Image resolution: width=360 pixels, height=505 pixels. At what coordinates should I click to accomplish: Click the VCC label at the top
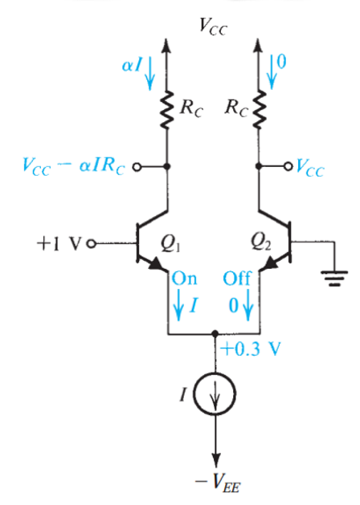pyautogui.click(x=214, y=26)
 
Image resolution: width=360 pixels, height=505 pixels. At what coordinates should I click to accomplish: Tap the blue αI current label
pyautogui.click(x=132, y=65)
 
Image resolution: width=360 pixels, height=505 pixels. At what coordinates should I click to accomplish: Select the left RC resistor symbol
pyautogui.click(x=167, y=110)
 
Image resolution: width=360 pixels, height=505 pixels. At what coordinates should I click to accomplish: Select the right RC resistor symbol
pyautogui.click(x=259, y=110)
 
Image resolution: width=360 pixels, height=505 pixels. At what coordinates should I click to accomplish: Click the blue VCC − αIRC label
pyautogui.click(x=74, y=166)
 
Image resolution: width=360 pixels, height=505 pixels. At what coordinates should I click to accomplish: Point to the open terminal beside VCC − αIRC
pyautogui.click(x=137, y=167)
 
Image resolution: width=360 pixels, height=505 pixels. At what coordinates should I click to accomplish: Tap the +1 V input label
pyautogui.click(x=58, y=244)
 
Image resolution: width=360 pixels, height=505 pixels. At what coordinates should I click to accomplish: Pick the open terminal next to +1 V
pyautogui.click(x=92, y=244)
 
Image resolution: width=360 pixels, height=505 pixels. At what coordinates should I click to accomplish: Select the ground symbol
pyautogui.click(x=335, y=279)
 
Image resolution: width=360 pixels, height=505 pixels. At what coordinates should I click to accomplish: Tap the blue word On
pyautogui.click(x=184, y=279)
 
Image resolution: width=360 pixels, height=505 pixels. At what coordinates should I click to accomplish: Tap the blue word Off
pyautogui.click(x=237, y=279)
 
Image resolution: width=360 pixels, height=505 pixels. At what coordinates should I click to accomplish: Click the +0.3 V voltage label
pyautogui.click(x=251, y=349)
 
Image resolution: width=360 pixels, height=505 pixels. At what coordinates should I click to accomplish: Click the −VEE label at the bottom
pyautogui.click(x=218, y=483)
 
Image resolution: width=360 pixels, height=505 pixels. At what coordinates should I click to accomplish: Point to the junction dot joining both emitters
pyautogui.click(x=215, y=334)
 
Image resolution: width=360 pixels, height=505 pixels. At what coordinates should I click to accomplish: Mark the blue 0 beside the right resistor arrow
pyautogui.click(x=281, y=62)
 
